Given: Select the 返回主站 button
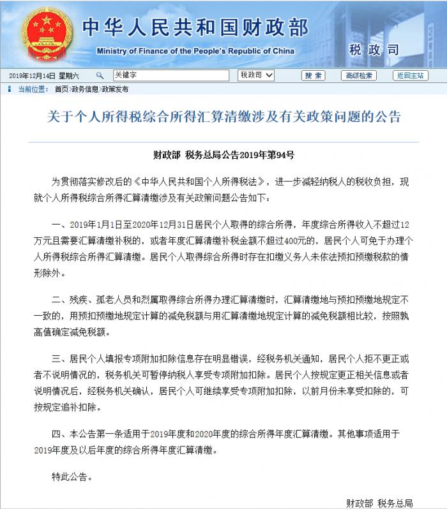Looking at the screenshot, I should [411, 75].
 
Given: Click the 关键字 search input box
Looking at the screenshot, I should [170, 75].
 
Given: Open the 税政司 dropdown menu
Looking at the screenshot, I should [257, 75].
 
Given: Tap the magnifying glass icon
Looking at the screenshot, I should [100, 75].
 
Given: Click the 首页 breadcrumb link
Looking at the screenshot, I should [61, 89].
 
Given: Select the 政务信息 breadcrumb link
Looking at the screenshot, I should [85, 89].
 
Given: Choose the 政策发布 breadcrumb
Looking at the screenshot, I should [115, 89].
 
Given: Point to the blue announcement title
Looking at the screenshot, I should [224, 117].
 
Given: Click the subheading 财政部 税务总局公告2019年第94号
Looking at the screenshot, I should [223, 154].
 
